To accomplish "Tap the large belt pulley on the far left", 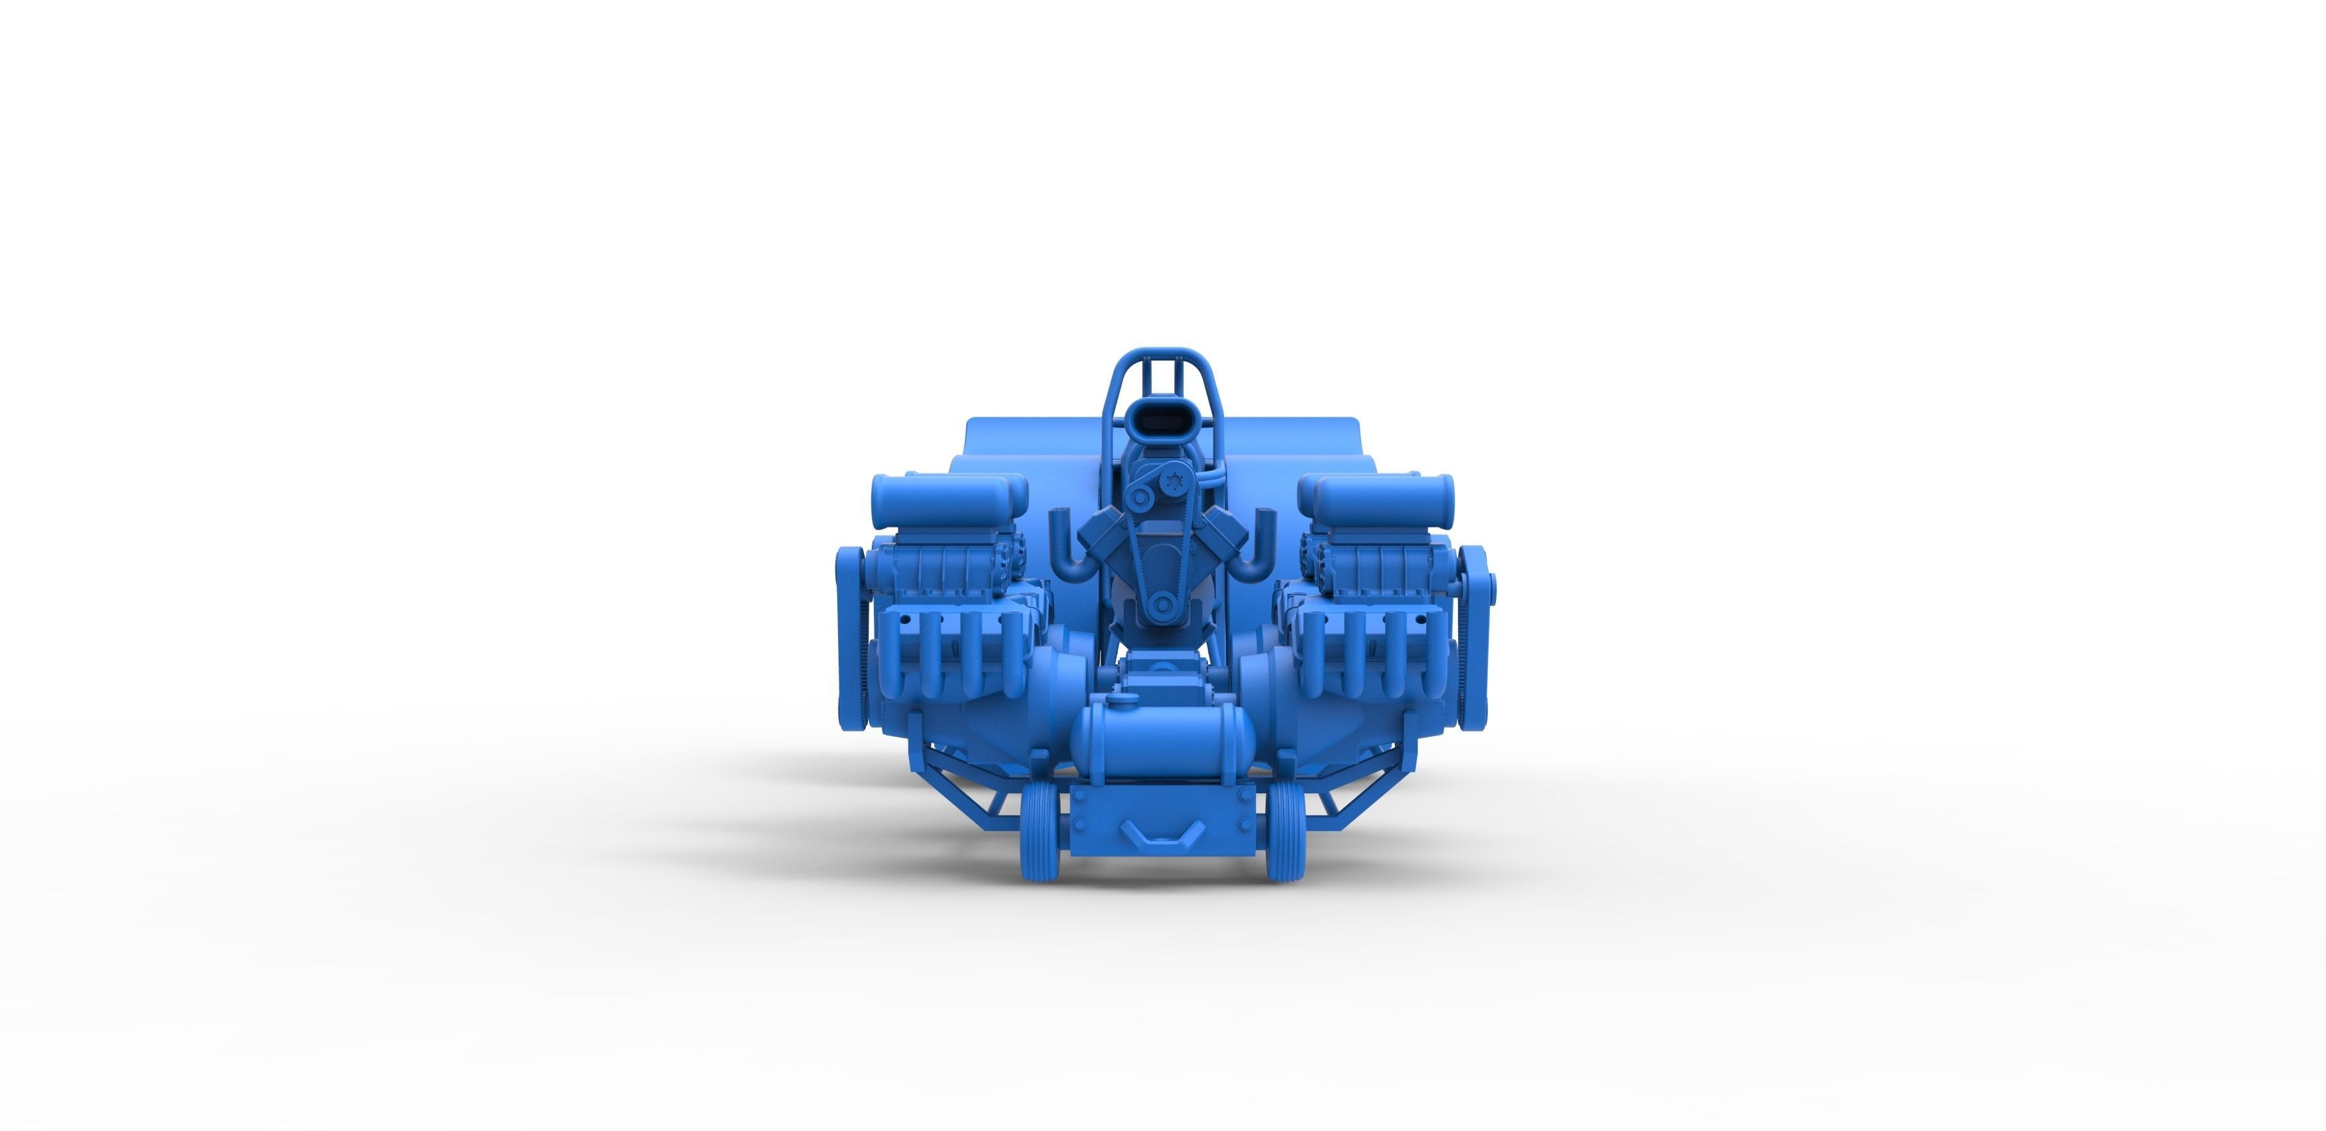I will click(851, 632).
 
